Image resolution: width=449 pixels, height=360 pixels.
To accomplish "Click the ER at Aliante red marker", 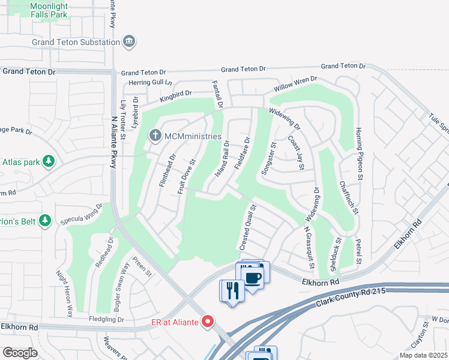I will tap(208, 322).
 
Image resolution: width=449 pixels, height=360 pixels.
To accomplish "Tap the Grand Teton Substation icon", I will tap(129, 41).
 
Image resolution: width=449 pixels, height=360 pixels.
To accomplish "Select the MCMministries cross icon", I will tap(155, 136).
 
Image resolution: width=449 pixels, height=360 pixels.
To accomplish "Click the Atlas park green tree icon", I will tap(49, 161).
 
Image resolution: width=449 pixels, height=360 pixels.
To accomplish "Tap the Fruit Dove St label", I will tap(187, 176).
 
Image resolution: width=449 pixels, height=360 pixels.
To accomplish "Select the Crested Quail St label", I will tap(247, 228).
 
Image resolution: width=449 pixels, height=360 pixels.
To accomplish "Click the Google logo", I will tap(20, 353).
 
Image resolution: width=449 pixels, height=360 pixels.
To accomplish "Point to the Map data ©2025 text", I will tap(423, 355).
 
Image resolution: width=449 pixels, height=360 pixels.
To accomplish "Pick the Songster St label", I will tap(268, 158).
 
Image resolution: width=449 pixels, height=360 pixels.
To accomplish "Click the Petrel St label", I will tap(358, 251).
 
